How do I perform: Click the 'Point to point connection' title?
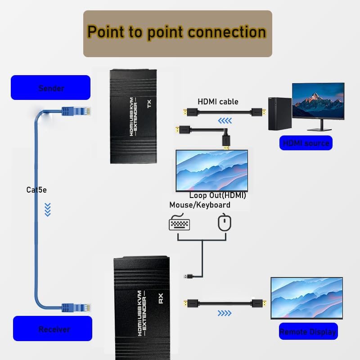click(177, 32)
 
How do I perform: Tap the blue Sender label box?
click(51, 88)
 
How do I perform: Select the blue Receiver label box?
click(53, 329)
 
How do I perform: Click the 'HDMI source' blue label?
click(306, 143)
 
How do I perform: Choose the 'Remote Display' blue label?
click(308, 332)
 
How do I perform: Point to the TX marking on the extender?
click(149, 103)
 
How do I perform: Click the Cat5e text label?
click(36, 190)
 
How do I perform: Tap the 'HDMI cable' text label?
click(218, 102)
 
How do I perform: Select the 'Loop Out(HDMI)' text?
click(217, 196)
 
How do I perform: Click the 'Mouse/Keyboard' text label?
click(200, 205)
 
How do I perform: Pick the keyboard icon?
click(180, 224)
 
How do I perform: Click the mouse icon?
click(224, 223)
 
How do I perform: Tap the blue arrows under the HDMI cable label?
click(225, 121)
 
